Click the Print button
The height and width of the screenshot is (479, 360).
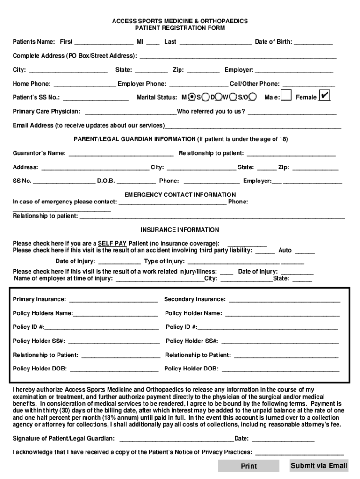point(248,466)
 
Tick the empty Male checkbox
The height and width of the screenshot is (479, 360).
point(286,96)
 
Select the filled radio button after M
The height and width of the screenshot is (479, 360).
point(192,97)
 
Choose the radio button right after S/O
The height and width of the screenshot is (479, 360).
point(253,97)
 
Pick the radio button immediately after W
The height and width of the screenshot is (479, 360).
point(232,97)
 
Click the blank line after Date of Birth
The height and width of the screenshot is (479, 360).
point(313,42)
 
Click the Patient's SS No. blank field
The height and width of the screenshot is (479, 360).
point(96,98)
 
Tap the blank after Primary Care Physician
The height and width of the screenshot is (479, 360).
point(130,112)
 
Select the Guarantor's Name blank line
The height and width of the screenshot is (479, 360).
point(121,153)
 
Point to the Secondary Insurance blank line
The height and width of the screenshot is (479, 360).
point(284,299)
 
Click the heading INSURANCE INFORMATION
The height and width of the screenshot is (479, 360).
point(180,230)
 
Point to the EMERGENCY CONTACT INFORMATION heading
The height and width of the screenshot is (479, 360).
point(180,195)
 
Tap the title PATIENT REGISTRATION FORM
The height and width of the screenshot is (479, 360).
point(180,28)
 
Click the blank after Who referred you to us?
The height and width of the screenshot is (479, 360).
point(292,112)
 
